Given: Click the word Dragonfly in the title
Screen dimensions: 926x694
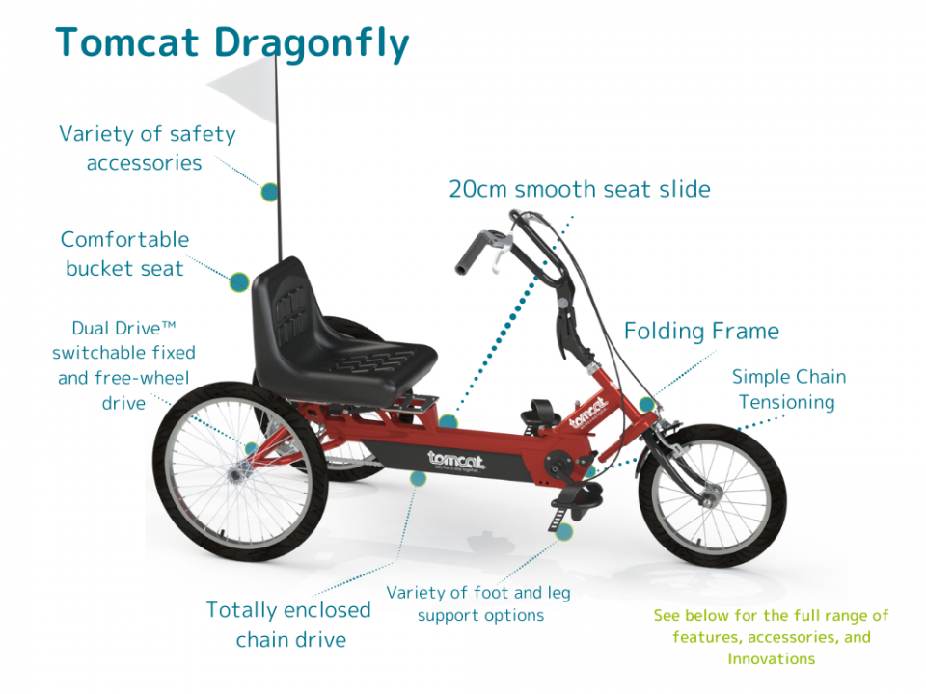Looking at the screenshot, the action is pyautogui.click(x=312, y=43).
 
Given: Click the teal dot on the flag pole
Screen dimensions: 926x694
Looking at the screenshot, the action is pyautogui.click(x=270, y=193).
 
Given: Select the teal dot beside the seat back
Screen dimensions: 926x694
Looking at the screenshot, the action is pyautogui.click(x=239, y=282).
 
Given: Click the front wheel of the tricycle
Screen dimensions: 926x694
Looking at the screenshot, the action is pyautogui.click(x=712, y=495).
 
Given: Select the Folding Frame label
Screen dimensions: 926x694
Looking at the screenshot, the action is pyautogui.click(x=701, y=331).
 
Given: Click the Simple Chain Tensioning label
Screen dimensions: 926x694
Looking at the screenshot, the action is pyautogui.click(x=788, y=389).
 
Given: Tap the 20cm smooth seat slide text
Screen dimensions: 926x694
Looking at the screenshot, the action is pyautogui.click(x=580, y=190).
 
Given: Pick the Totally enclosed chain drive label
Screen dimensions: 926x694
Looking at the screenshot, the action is pyautogui.click(x=288, y=625).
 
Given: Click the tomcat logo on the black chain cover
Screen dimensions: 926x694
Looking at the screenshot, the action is pyautogui.click(x=456, y=460).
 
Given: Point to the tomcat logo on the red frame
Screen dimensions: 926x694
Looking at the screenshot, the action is pyautogui.click(x=588, y=413).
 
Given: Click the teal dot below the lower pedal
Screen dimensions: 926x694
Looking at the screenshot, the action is pyautogui.click(x=564, y=532).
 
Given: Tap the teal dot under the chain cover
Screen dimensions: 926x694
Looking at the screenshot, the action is pyautogui.click(x=418, y=478).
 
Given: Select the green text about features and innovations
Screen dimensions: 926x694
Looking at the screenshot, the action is pyautogui.click(x=771, y=637).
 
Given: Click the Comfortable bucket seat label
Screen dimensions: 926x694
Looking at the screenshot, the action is pyautogui.click(x=124, y=254).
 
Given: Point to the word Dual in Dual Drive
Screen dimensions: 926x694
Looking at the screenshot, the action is pyautogui.click(x=91, y=328).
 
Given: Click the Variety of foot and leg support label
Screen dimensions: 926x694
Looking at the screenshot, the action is pyautogui.click(x=479, y=603).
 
